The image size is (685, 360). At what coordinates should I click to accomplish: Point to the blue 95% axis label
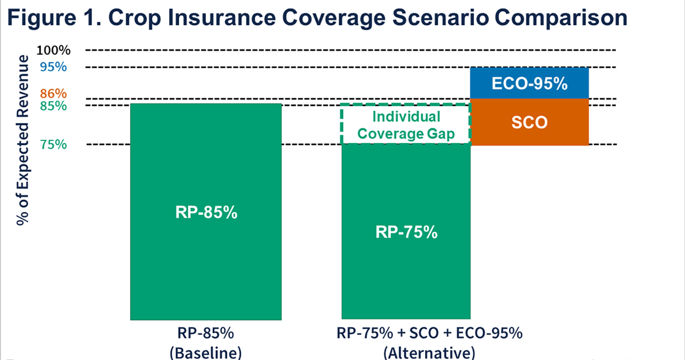coord(53,67)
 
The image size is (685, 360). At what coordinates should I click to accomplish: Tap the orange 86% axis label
coord(53,93)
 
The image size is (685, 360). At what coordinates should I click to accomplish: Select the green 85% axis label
coord(53,107)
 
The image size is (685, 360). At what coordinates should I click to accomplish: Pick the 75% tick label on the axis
coord(53,145)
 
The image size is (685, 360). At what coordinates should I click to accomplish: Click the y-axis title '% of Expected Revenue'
coord(23,140)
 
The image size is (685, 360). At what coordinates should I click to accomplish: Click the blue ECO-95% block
coord(529,83)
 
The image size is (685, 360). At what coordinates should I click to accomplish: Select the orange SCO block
coord(529,122)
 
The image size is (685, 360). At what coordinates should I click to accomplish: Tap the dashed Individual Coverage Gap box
coord(406,124)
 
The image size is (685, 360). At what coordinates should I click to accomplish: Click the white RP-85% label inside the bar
coord(206,213)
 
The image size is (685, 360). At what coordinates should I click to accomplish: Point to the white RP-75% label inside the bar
coord(406,232)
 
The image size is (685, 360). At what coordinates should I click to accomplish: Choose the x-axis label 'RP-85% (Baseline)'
coord(206,342)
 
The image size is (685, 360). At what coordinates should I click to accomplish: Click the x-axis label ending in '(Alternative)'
coord(429,342)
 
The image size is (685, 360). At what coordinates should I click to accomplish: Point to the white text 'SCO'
coord(529,123)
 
